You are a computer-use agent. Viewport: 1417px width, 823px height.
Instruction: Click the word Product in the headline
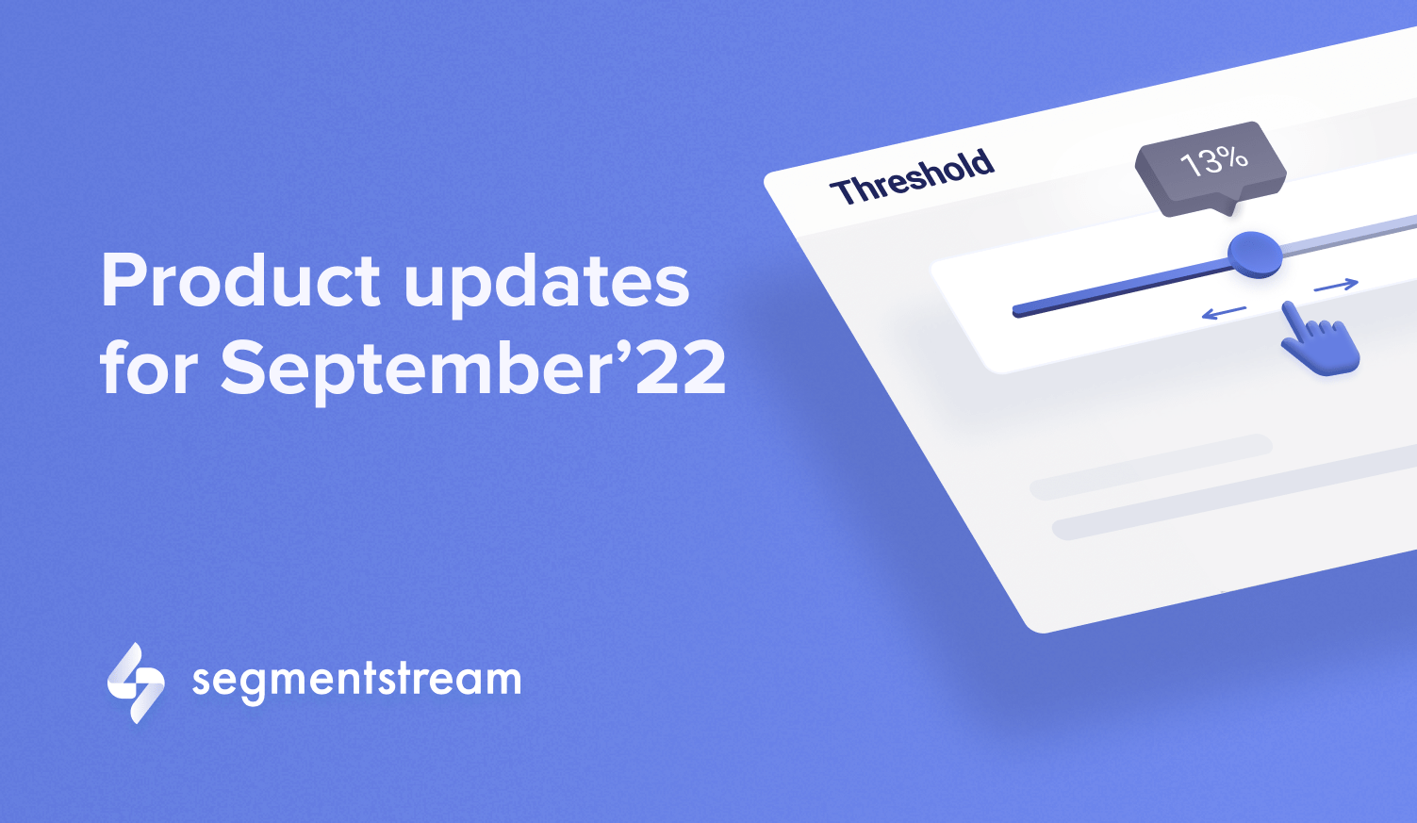coord(240,280)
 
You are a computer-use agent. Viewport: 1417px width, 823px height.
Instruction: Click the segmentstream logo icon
coord(136,683)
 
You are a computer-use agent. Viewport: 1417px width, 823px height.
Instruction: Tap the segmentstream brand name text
coord(356,681)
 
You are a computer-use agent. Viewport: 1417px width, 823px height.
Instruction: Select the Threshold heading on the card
coord(913,177)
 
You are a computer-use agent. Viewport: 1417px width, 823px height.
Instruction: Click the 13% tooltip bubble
coord(1211,167)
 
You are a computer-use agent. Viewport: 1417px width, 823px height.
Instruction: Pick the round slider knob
coord(1255,254)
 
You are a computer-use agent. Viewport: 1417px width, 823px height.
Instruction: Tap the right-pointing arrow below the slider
coord(1336,286)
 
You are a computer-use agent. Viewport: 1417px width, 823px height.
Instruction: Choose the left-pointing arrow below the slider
coord(1224,312)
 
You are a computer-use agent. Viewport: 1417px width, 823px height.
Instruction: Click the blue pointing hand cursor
coord(1318,341)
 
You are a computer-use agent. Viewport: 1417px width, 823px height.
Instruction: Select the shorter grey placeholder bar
coord(1151,467)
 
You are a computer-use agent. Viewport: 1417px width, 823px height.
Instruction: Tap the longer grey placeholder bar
coord(1234,492)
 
